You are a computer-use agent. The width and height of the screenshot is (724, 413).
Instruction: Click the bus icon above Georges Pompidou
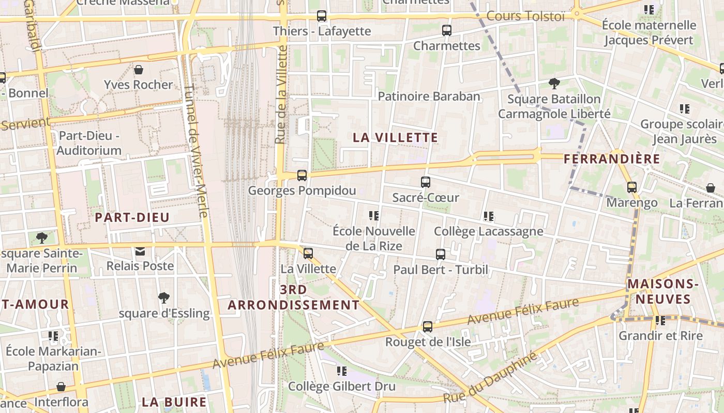click(x=302, y=176)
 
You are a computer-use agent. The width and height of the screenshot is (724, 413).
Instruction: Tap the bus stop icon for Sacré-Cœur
click(x=425, y=182)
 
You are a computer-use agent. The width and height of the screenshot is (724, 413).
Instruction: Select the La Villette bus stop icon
click(x=308, y=253)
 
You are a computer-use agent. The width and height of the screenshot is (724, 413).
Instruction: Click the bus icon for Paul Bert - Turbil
click(x=440, y=254)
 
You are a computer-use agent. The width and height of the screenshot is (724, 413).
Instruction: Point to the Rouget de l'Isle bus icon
click(x=427, y=326)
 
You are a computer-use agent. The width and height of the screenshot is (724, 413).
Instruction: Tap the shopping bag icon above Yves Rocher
click(x=138, y=70)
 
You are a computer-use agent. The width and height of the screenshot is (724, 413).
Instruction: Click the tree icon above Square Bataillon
click(x=554, y=83)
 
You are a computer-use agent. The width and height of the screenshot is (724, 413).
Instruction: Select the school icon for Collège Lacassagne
click(x=488, y=216)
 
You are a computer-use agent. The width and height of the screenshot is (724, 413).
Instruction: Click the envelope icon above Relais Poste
click(x=140, y=251)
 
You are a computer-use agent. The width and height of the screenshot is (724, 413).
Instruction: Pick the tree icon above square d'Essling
click(x=164, y=298)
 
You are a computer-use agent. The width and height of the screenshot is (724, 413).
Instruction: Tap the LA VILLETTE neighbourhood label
click(x=396, y=138)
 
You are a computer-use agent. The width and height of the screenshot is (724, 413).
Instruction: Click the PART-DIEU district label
click(x=132, y=217)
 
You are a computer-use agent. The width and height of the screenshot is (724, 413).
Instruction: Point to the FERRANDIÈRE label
click(x=612, y=158)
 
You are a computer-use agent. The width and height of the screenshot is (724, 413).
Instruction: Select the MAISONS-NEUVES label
click(x=663, y=291)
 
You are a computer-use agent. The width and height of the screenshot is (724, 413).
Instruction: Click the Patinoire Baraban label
click(x=429, y=96)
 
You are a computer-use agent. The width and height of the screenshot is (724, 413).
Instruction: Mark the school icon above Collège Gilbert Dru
click(x=341, y=371)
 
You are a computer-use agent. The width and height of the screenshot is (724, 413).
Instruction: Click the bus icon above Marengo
click(x=631, y=187)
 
